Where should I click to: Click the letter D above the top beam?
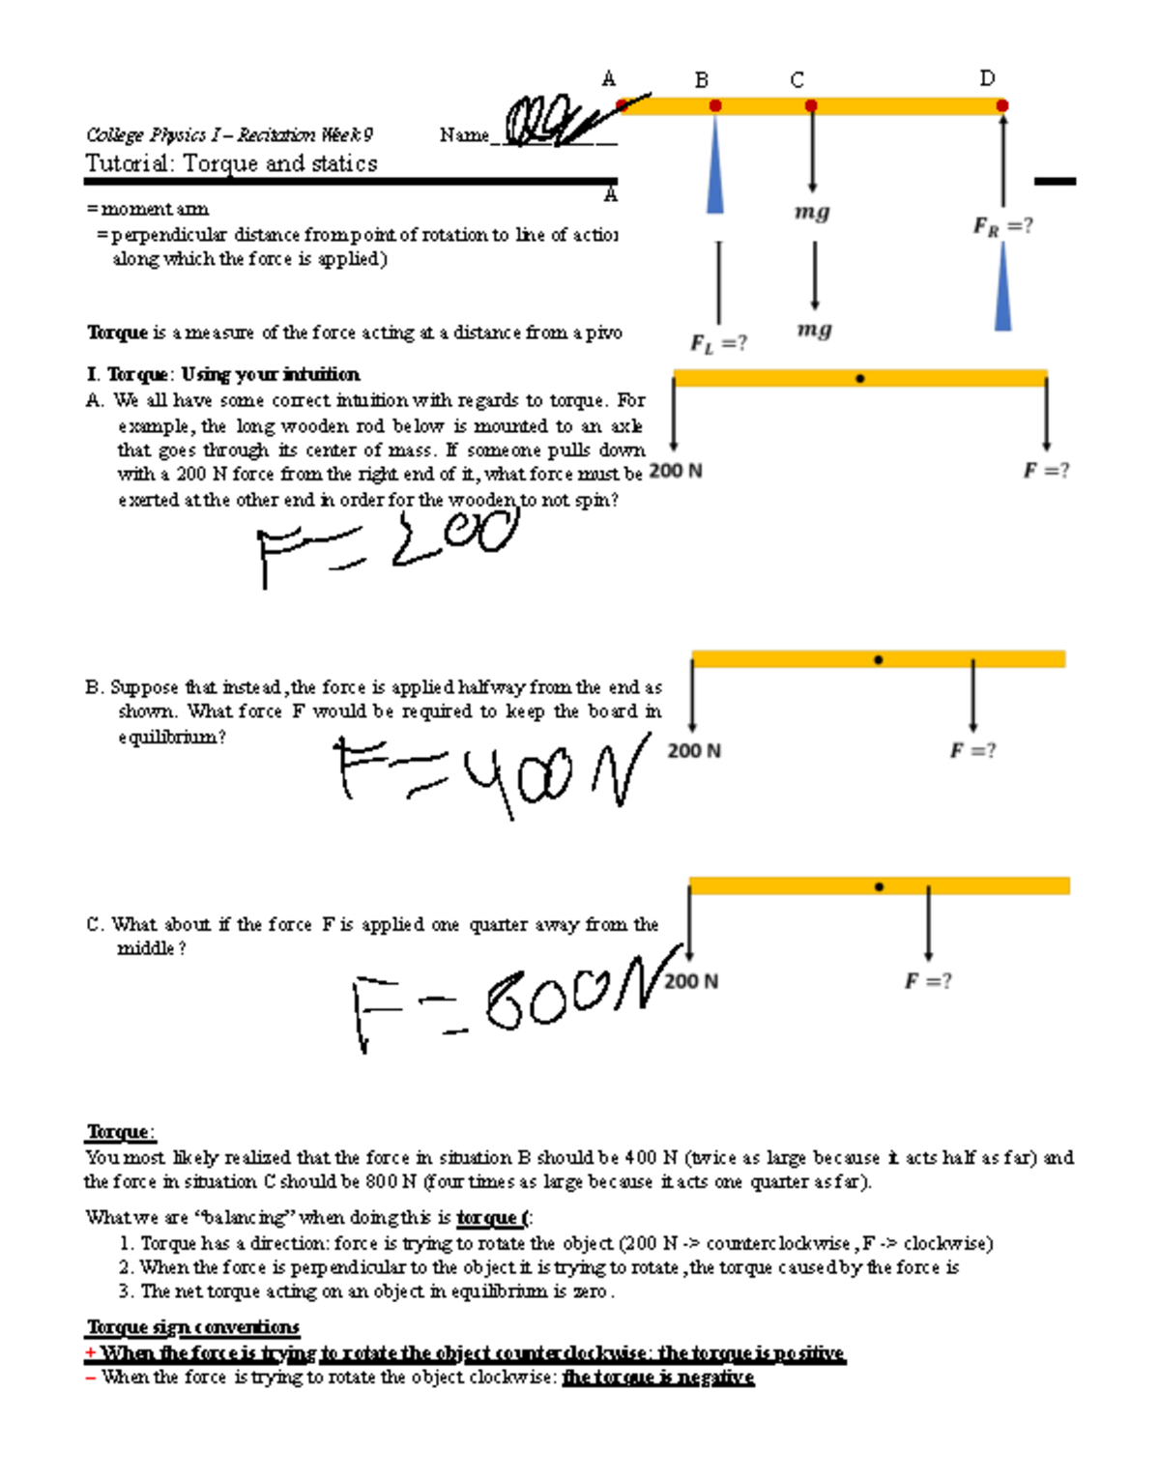click(x=987, y=78)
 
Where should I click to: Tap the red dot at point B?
click(x=715, y=105)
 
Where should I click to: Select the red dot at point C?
click(x=811, y=105)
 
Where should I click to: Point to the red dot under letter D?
click(x=1002, y=105)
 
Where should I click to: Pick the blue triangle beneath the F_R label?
click(x=1003, y=290)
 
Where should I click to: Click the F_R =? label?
click(x=1002, y=226)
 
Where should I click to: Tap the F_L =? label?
click(x=718, y=343)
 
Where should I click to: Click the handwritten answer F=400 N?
click(x=488, y=773)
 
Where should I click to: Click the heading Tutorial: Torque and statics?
click(x=231, y=163)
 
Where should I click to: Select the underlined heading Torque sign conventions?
click(x=193, y=1327)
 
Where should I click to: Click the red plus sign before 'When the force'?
click(x=91, y=1353)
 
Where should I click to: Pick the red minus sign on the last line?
click(x=91, y=1377)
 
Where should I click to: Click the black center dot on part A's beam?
click(x=859, y=379)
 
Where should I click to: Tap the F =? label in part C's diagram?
click(x=928, y=981)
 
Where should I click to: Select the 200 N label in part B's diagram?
click(x=694, y=751)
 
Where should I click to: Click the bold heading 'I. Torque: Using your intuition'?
click(x=223, y=374)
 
